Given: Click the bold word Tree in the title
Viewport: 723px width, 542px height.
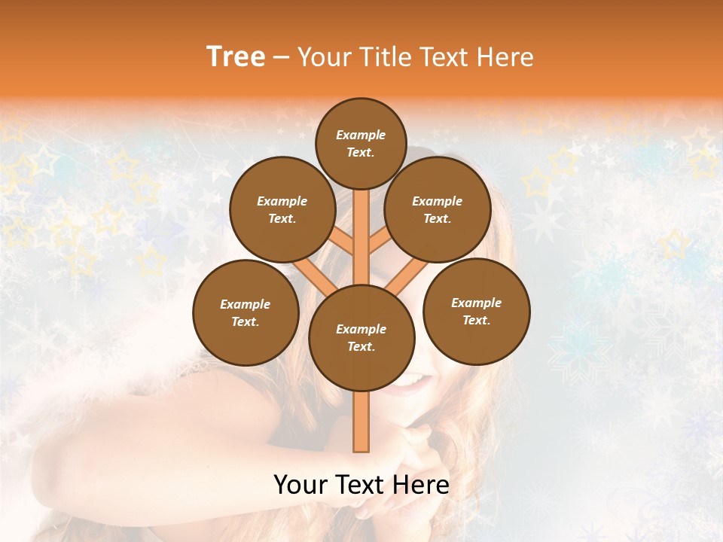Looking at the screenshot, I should (236, 57).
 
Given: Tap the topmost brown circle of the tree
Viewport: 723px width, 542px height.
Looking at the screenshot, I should (361, 143).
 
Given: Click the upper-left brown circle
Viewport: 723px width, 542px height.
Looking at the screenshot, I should (282, 209).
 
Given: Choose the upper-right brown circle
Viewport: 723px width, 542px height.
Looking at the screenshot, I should (438, 209).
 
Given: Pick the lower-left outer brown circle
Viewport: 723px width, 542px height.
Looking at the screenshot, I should (246, 312).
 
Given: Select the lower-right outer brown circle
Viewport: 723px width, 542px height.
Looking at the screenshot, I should (476, 311).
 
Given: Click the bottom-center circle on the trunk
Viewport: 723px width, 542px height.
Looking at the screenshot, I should (361, 337).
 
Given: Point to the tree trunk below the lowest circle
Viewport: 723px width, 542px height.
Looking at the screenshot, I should (361, 422).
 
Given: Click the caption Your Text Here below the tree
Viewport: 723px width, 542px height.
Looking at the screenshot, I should (361, 485).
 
